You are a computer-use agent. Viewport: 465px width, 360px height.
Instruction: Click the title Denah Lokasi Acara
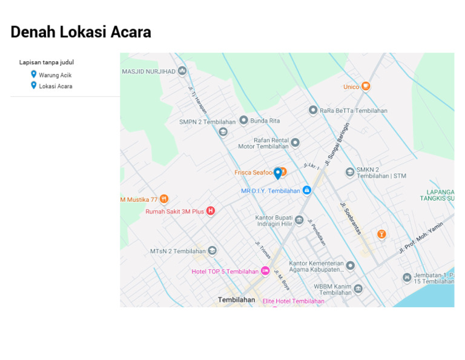click(81, 32)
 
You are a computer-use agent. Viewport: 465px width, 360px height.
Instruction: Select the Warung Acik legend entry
click(55, 75)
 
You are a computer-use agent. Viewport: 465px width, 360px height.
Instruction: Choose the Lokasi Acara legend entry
click(55, 86)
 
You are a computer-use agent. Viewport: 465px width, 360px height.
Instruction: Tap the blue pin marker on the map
click(278, 173)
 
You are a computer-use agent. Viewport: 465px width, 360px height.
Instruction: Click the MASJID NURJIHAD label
click(148, 72)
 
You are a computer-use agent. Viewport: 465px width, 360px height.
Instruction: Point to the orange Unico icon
click(366, 87)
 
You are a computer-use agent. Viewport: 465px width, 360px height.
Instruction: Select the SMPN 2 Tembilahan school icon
click(223, 132)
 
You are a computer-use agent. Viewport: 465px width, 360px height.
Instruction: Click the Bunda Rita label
click(265, 121)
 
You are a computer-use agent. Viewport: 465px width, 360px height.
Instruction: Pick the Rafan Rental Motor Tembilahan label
click(263, 143)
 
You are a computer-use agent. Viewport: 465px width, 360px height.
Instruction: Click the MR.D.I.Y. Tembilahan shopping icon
click(307, 190)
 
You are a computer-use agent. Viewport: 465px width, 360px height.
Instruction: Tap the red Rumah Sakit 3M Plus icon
click(211, 211)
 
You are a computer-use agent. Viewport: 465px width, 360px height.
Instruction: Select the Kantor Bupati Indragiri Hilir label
click(274, 220)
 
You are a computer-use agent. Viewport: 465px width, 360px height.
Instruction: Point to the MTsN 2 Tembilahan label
click(178, 251)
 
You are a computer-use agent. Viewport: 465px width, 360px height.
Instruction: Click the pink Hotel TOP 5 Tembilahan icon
click(265, 271)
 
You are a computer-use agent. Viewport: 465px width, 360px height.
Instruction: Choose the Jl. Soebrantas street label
click(352, 218)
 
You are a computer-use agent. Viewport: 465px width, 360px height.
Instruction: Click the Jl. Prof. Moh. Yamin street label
click(421, 237)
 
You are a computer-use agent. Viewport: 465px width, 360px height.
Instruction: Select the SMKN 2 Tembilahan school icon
click(350, 172)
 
